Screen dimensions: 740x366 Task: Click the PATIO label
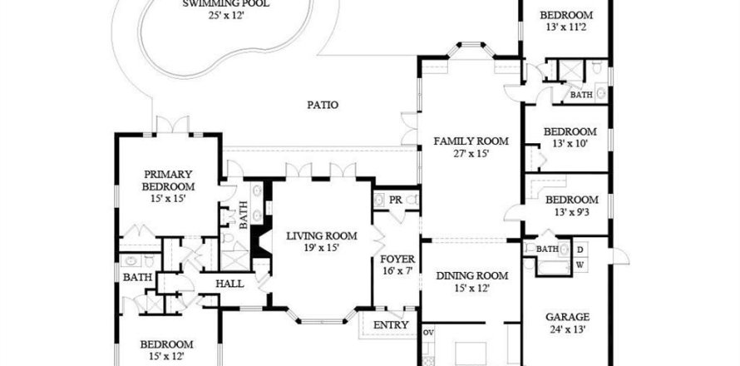323,105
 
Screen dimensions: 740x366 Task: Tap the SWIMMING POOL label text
226,4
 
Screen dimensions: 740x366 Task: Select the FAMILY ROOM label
471,141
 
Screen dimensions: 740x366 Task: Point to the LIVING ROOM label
322,235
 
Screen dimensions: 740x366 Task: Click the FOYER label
397,260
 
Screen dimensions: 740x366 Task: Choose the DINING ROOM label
472,276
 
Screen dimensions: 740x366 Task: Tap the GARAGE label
567,317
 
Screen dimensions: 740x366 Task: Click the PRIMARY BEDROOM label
168,181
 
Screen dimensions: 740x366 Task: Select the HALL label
229,284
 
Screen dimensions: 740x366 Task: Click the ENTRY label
391,325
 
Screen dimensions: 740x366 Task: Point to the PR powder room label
396,200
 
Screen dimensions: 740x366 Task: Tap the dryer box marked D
580,249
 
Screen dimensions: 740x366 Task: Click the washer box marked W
580,265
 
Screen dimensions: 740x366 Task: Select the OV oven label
428,332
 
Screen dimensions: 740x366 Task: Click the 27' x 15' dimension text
471,153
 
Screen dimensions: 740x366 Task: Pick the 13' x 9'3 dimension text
571,212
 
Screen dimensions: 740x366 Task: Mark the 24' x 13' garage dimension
567,329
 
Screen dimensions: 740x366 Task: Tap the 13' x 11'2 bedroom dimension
566,27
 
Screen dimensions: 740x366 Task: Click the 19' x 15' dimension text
322,248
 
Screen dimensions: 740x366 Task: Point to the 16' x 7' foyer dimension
397,271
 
